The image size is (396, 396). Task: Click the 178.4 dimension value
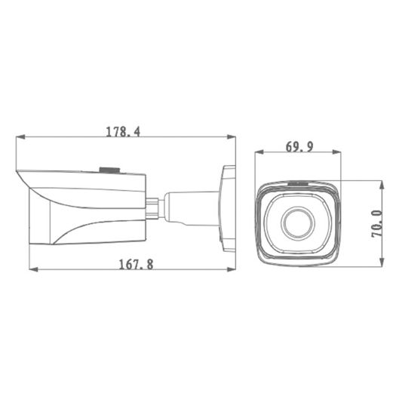pos(123,130)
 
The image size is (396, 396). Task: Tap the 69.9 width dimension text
pos(299,147)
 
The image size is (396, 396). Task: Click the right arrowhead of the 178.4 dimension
pos(230,137)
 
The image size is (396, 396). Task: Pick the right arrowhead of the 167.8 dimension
pos(230,269)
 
